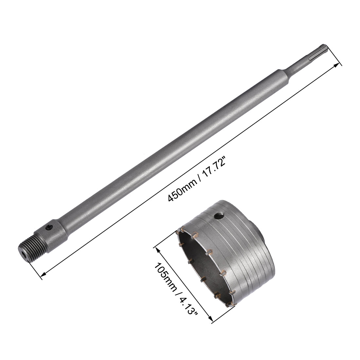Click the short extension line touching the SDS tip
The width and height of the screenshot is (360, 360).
[334, 56]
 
